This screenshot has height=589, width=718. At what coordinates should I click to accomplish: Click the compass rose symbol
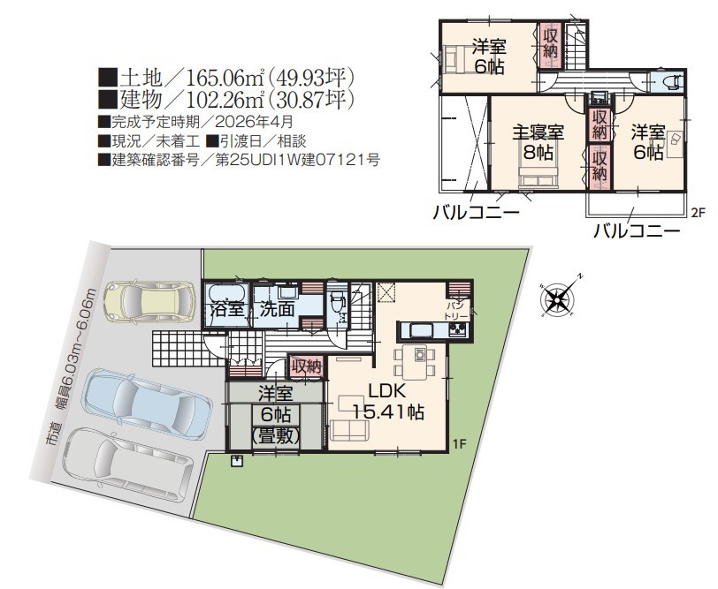[x=559, y=299]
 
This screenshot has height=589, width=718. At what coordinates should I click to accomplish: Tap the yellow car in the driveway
[x=149, y=301]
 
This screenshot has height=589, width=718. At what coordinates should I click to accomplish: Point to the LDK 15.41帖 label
[x=388, y=403]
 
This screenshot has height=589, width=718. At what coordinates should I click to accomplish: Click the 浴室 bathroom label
[x=227, y=310]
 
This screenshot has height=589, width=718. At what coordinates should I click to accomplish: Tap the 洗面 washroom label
[x=277, y=310]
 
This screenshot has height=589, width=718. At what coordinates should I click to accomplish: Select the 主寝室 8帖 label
[x=538, y=142]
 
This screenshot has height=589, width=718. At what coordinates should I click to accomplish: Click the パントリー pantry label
[x=456, y=311]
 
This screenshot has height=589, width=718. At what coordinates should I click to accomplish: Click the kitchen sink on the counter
[x=417, y=329]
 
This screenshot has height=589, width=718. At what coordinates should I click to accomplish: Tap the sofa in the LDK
[x=349, y=430]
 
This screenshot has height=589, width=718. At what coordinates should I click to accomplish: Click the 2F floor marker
[x=697, y=212]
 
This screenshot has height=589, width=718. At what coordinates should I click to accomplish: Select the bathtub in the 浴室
[x=227, y=292]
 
